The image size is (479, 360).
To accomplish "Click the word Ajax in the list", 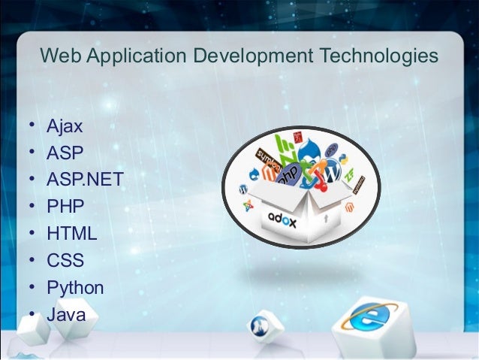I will coord(65,126).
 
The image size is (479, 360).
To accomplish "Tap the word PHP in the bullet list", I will coord(65,206).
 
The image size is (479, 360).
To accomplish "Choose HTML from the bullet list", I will coord(71,233).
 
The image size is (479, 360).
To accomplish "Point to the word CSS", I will coord(65,260).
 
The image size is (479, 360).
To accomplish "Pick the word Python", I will coord(75,287).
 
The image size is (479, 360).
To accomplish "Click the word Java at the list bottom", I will coord(66,314).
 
